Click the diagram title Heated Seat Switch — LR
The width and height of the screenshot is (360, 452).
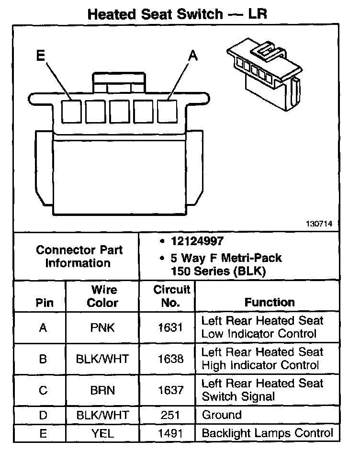click(177, 14)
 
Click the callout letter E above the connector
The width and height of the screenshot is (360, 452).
click(41, 56)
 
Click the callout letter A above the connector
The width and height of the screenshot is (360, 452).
click(192, 56)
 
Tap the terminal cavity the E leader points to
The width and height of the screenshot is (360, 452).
click(72, 111)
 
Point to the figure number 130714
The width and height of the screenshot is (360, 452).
click(321, 223)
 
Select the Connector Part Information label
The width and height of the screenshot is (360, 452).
click(79, 256)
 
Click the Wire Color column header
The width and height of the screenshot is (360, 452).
click(102, 296)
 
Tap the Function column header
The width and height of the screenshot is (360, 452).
click(270, 302)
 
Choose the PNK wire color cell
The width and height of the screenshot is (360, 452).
click(102, 328)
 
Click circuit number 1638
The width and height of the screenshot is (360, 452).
click(170, 359)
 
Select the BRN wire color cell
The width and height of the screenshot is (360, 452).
click(102, 390)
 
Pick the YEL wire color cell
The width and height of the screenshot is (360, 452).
click(102, 433)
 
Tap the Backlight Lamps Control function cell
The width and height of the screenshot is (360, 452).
click(267, 433)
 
